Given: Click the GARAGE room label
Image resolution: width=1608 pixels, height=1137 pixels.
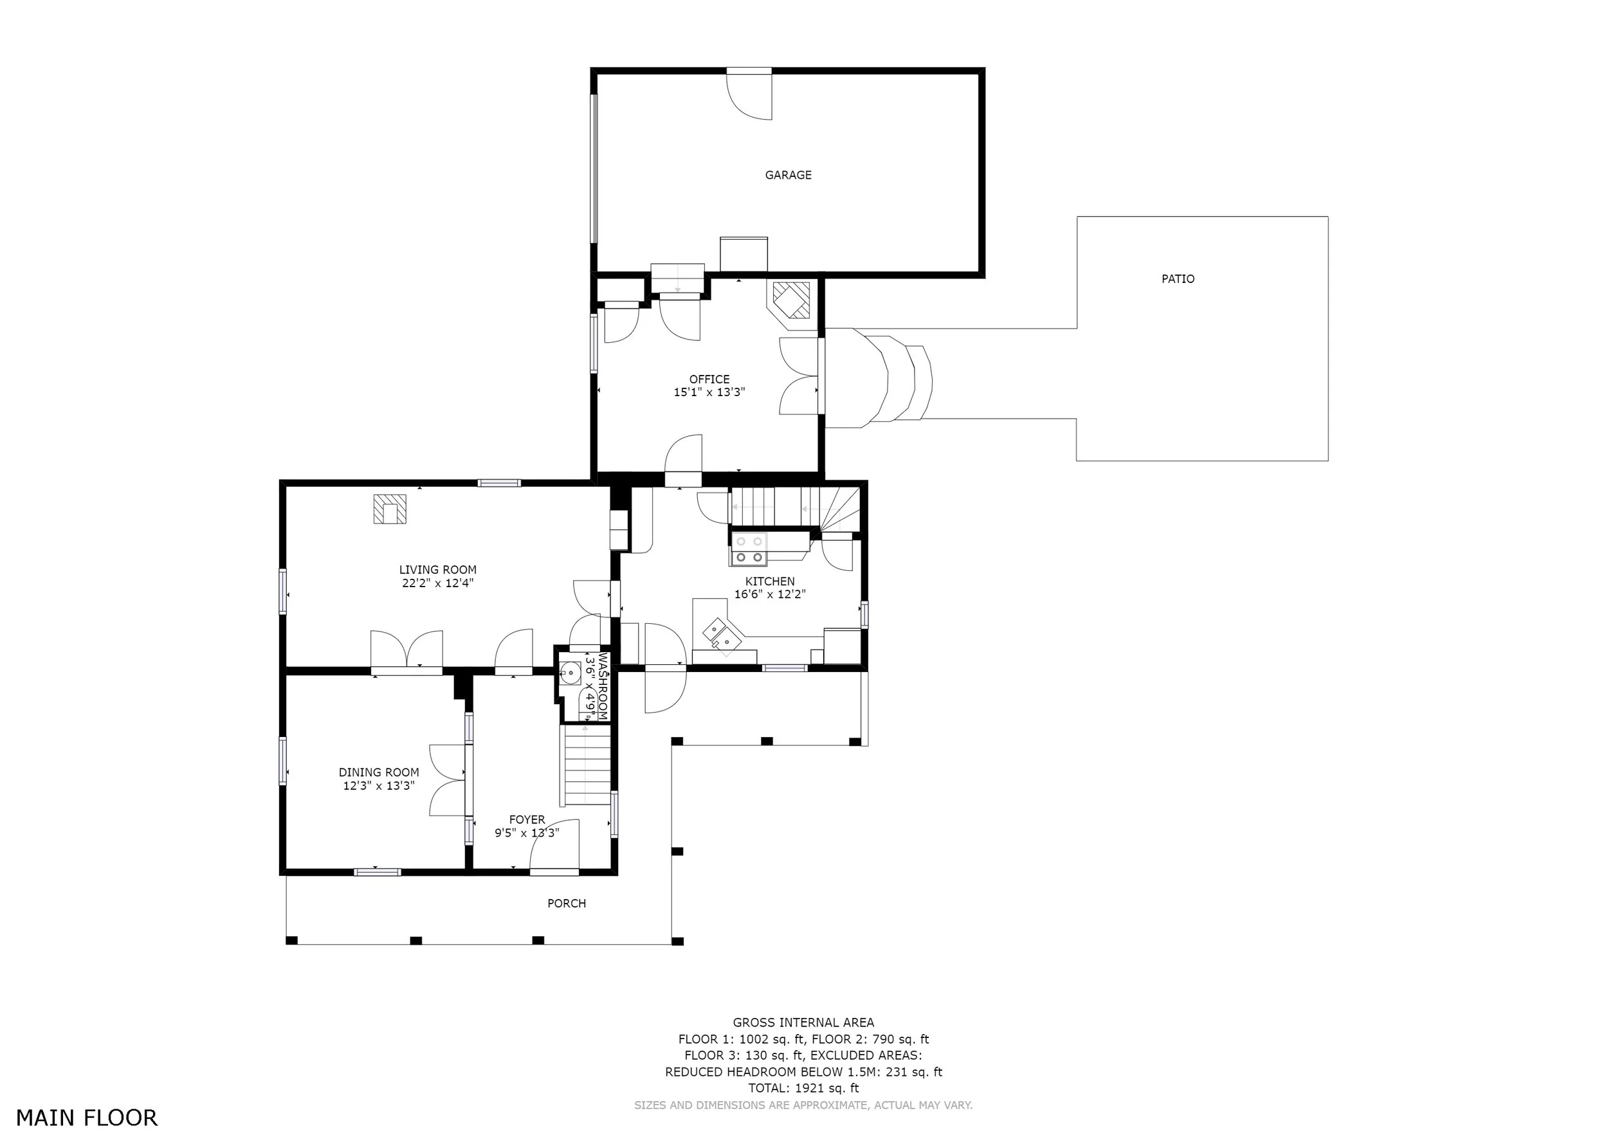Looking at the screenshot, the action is [788, 175].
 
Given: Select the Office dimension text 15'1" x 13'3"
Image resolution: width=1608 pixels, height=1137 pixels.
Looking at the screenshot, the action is [709, 392].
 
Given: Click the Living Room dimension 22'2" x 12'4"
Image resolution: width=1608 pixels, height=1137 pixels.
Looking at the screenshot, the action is [438, 583].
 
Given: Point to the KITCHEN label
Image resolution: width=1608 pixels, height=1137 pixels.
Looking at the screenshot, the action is [770, 581].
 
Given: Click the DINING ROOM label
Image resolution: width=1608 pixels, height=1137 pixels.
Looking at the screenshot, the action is [379, 772].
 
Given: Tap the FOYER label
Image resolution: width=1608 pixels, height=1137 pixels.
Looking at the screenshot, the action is [527, 819].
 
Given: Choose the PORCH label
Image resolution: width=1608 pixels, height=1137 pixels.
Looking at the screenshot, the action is [567, 903].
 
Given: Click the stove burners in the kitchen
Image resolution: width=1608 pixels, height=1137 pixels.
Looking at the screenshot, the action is [749, 550].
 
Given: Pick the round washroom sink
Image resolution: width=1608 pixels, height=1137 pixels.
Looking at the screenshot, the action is [571, 673].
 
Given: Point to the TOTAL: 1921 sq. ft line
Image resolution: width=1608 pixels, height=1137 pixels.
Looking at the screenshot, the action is [803, 1088].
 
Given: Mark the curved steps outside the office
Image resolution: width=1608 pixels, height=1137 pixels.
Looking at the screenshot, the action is [879, 378].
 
